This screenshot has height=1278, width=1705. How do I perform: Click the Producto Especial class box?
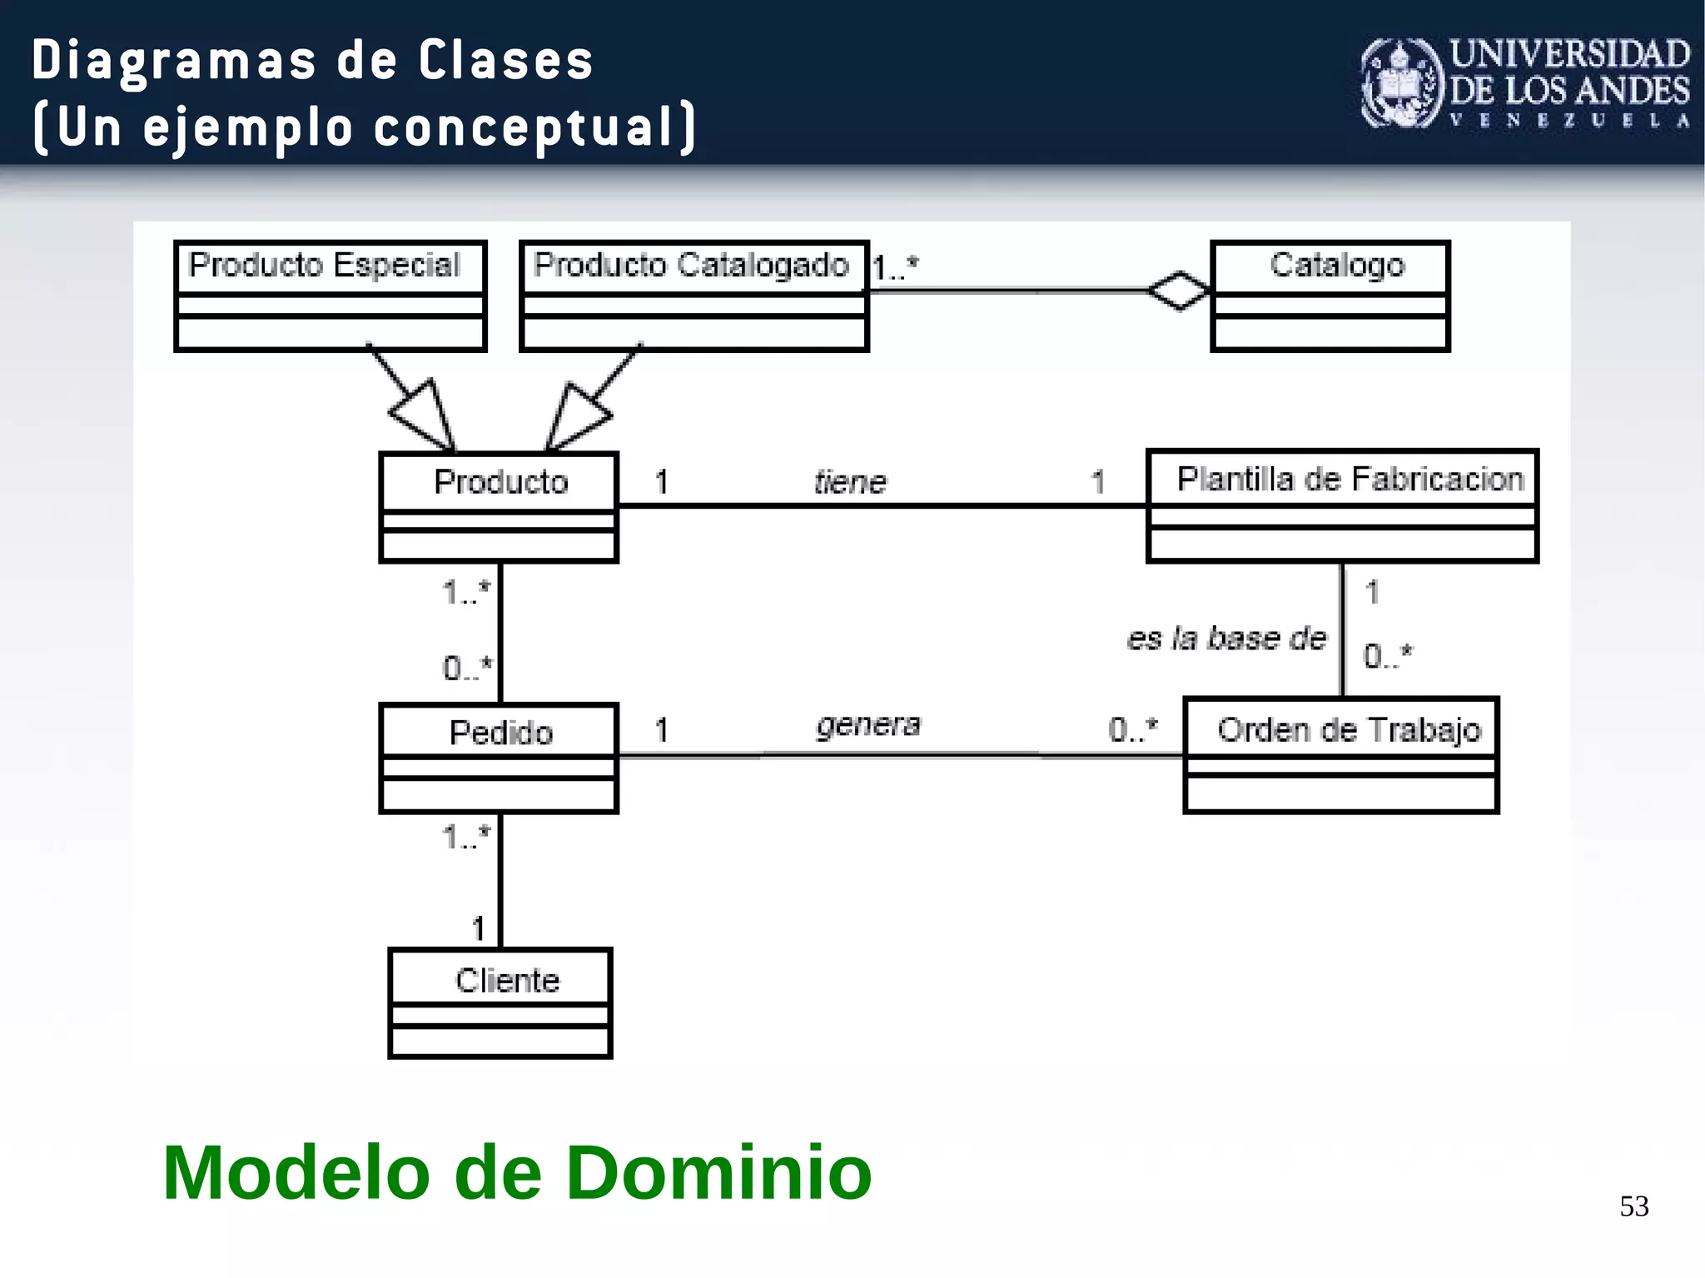coord(330,296)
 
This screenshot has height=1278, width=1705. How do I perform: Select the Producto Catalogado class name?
coord(691,265)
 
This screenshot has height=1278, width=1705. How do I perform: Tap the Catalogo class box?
coord(1330,296)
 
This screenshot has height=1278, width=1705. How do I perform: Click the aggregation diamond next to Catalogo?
coord(1178,291)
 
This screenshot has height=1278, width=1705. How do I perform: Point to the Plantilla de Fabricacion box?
coord(1341,505)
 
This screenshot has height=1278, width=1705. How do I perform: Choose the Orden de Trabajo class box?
coord(1340,755)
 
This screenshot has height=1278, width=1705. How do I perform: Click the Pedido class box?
coord(499,758)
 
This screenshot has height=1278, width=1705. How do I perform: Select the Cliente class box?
coord(500,1002)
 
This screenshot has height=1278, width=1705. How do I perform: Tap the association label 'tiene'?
coord(850,482)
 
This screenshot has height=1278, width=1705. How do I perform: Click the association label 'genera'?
coord(868,725)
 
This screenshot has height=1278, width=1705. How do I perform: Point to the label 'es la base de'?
coord(1226,638)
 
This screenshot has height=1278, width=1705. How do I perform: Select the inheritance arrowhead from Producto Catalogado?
coord(575,416)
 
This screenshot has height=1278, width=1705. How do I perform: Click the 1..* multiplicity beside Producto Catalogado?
coord(895,268)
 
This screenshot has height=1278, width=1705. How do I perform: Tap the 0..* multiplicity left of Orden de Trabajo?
coord(1132,729)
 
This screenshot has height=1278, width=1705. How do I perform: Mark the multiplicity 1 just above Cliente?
coord(478,927)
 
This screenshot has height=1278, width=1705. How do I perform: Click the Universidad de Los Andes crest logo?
coord(1401,83)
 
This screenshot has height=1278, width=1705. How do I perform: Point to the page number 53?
coord(1633,1206)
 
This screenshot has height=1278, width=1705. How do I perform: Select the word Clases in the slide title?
coord(505,61)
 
